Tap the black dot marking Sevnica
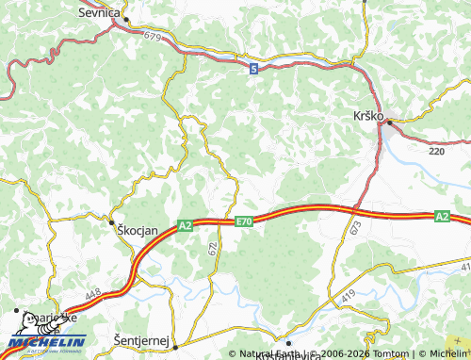pyautogui.click(x=125, y=19)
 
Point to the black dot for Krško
pyautogui.click(x=389, y=121)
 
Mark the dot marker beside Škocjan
pyautogui.click(x=112, y=221)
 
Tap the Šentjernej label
pyautogui.click(x=141, y=338)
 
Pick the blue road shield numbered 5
pyautogui.click(x=253, y=69)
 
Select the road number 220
pyautogui.click(x=436, y=150)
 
